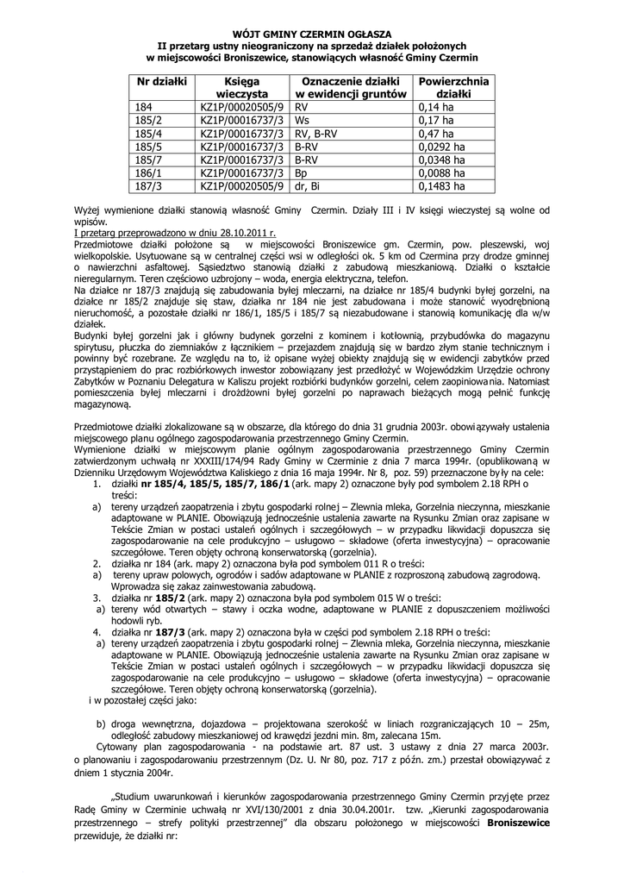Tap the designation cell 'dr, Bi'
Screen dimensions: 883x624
coord(308,185)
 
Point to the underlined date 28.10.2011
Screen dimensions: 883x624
coord(244,234)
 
